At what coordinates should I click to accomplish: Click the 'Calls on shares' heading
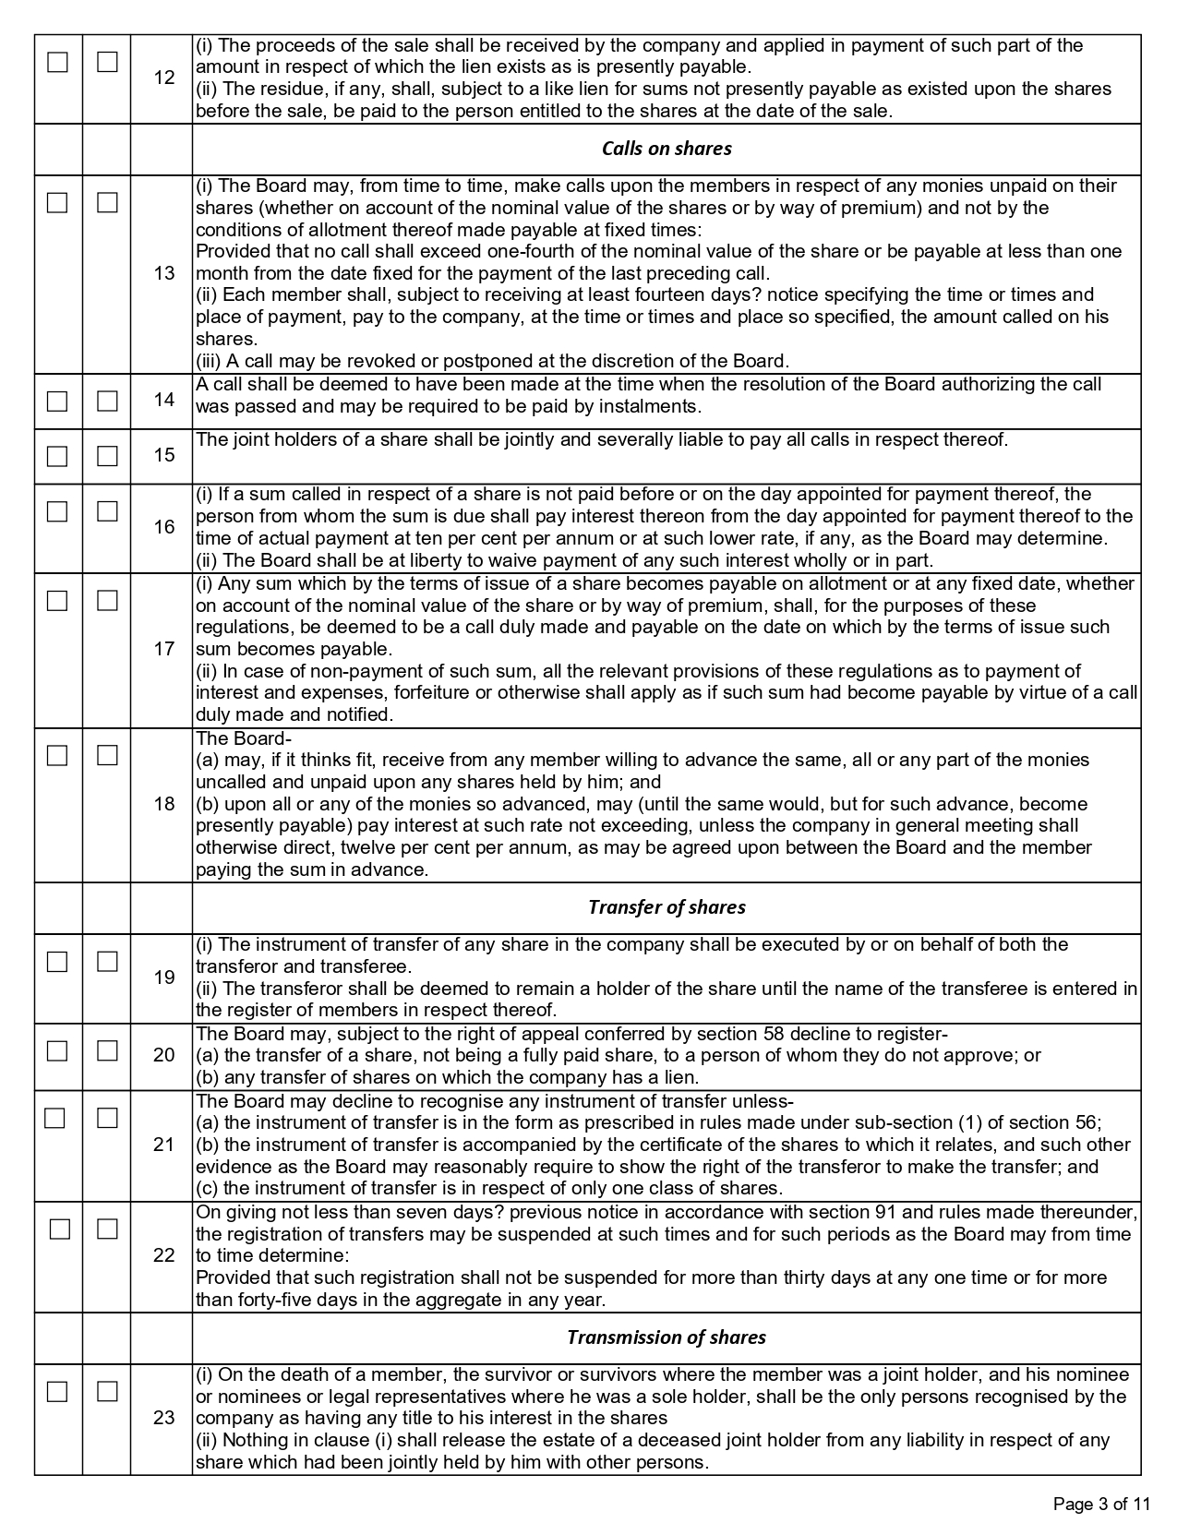(x=667, y=149)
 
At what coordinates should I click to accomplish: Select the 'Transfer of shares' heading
(x=667, y=907)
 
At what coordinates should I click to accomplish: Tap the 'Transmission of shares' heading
(x=667, y=1337)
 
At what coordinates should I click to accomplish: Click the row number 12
(x=164, y=78)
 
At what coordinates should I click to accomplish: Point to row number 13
(x=164, y=273)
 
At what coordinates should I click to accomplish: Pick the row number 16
(x=164, y=527)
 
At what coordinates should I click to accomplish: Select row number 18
(x=164, y=804)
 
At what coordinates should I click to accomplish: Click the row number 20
(x=164, y=1055)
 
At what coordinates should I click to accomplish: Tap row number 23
(x=164, y=1418)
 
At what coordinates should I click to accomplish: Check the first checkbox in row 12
(x=57, y=62)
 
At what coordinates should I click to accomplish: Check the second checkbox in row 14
(x=108, y=401)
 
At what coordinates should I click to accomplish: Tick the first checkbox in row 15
(x=57, y=456)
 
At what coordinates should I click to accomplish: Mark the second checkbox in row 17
(x=108, y=601)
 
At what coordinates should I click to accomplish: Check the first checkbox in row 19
(x=57, y=962)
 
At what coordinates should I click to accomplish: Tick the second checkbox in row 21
(x=108, y=1118)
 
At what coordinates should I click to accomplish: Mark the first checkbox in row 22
(x=60, y=1229)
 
